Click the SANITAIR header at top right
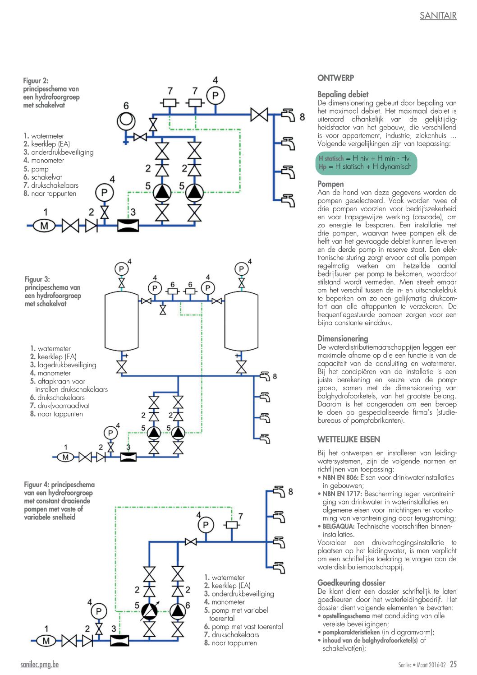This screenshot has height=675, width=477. pos(438,15)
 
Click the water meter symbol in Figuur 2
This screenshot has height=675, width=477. pos(44,226)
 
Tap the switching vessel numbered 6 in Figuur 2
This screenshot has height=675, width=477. pos(126,121)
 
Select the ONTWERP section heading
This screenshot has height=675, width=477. pos(335,78)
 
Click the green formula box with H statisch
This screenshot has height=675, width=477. pos(366,163)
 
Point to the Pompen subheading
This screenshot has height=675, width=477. pos(330,184)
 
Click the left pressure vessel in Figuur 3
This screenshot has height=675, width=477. pos(121,321)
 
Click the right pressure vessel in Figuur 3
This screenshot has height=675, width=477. pos(242,321)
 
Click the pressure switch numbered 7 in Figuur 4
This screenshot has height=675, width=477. pos(232,525)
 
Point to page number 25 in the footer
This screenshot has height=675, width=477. pos(453,664)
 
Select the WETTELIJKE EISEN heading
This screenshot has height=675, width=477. pos(349,439)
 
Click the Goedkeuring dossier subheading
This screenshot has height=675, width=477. pos(351,583)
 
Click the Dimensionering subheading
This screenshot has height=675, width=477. pos(343,339)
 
